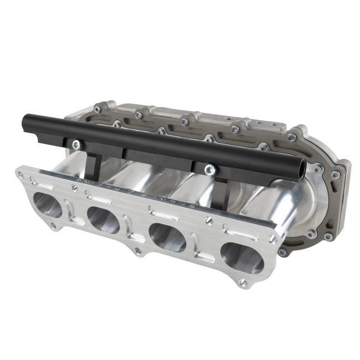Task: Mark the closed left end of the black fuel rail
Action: pos(25,120)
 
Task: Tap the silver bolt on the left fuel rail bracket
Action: pos(76,145)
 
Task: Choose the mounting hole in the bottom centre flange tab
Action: pos(137,251)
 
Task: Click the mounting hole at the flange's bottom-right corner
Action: pos(242,282)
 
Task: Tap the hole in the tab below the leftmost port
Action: pos(53,225)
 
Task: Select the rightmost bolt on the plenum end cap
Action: pos(336,174)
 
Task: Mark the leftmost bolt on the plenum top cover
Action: pos(97,110)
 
